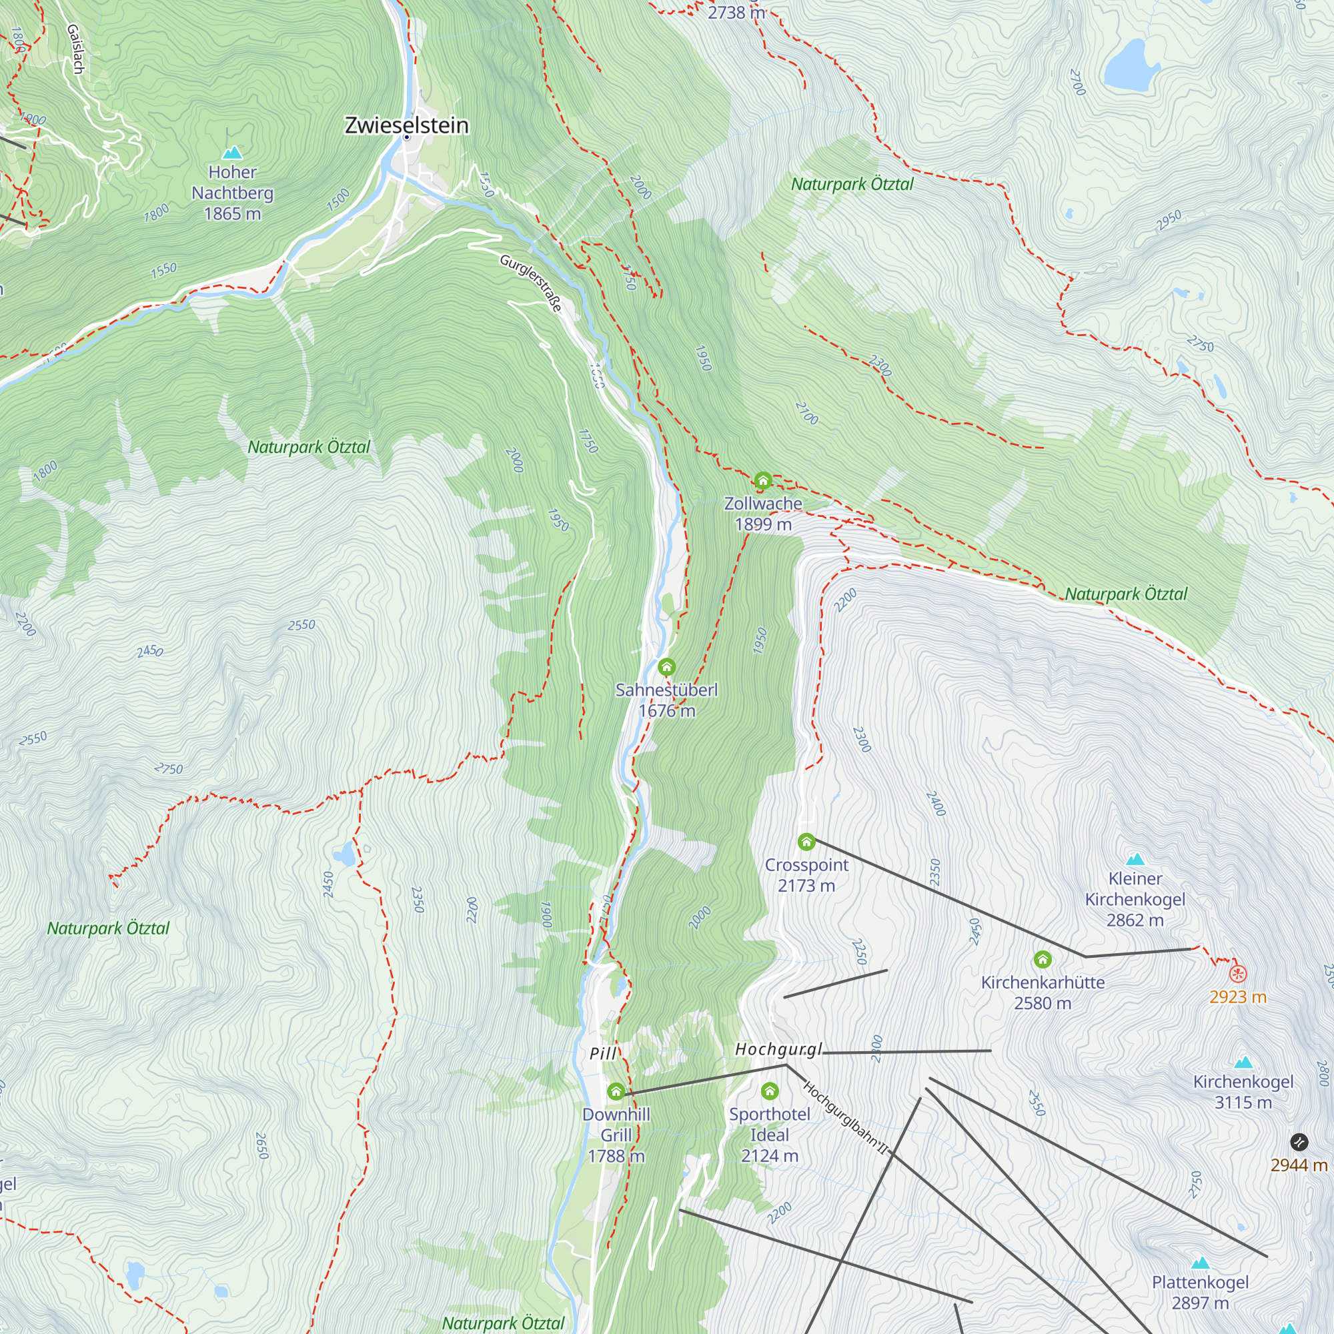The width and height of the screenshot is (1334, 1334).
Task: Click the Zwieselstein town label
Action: point(406,125)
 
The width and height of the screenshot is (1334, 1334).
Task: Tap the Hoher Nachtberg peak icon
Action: point(233,152)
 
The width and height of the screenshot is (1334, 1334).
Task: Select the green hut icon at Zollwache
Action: point(762,480)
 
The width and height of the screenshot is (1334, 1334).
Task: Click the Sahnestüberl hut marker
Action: point(666,666)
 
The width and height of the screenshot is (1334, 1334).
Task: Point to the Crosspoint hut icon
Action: point(806,841)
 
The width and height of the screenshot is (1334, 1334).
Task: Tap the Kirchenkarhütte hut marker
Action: point(1043,959)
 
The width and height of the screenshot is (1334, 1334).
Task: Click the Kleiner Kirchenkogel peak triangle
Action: point(1135,859)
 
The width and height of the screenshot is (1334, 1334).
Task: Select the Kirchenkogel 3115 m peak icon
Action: point(1243,1062)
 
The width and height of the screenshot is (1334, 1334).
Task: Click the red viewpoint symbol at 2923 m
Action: point(1238,974)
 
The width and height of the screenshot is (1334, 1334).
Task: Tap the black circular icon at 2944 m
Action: point(1299,1141)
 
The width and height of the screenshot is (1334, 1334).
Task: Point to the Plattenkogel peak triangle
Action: point(1200,1263)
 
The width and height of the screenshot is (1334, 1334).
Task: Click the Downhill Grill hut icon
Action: point(616,1092)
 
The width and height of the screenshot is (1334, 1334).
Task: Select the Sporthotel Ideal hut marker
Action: point(769,1091)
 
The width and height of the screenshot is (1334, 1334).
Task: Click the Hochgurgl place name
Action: point(778,1049)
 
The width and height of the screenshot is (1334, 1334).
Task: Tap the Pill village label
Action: point(603,1054)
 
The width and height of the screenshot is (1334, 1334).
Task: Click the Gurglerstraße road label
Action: point(530,282)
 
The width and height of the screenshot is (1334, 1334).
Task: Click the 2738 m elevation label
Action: point(736,13)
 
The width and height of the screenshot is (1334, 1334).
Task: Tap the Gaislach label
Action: point(75,48)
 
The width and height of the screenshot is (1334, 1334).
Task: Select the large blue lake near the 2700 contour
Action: point(1131,65)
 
